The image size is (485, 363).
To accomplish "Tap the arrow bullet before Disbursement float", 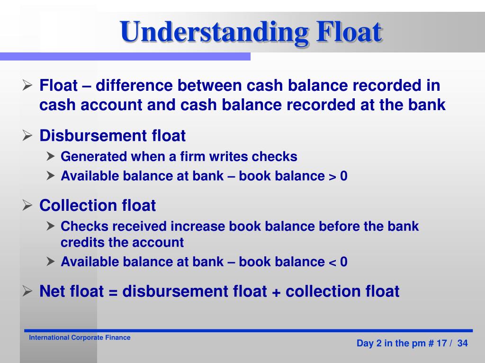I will tap(27, 136).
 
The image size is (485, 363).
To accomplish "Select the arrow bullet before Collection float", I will tap(27, 206).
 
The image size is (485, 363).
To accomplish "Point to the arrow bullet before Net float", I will tap(27, 291).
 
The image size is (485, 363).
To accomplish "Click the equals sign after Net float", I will tap(113, 292).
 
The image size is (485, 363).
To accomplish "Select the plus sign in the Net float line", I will tap(276, 292).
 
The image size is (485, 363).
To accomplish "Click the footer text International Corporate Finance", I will tap(80, 337).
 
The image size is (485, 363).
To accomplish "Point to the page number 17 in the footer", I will tap(441, 343).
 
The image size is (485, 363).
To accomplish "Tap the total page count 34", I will tap(462, 343).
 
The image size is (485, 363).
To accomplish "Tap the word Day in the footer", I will tap(365, 343).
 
